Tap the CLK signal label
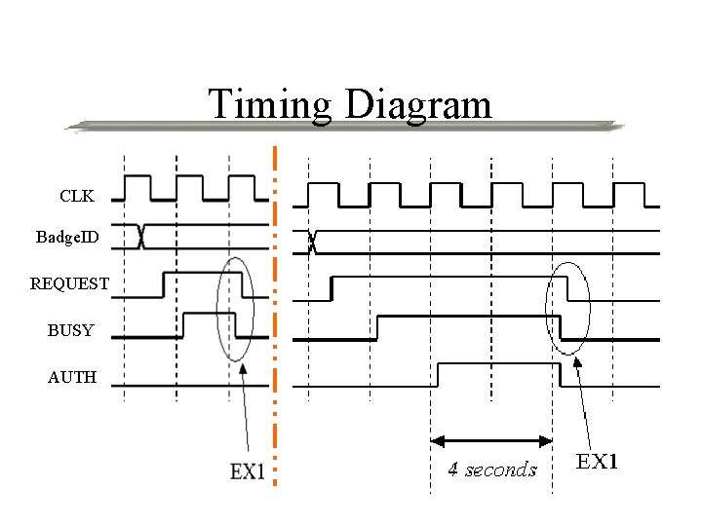(77, 196)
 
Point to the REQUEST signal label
(69, 283)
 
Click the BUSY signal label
(71, 330)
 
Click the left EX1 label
(248, 471)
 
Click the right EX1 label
(597, 461)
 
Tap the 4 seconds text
(492, 470)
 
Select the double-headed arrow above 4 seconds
(492, 439)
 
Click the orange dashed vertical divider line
(276, 312)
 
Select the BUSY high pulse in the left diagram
(209, 314)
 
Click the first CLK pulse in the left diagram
(136, 179)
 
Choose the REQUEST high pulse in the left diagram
(200, 275)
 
